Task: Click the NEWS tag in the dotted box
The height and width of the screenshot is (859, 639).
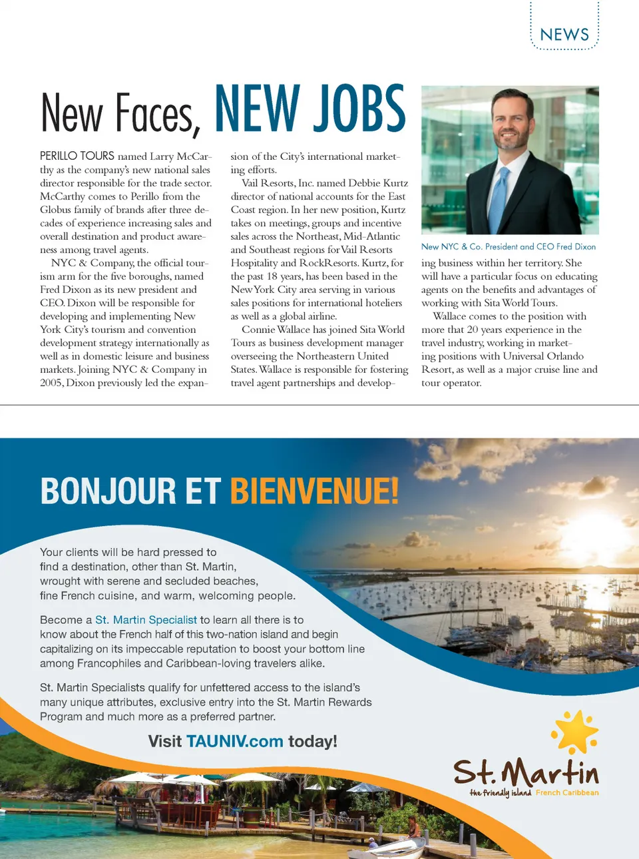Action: tap(564, 35)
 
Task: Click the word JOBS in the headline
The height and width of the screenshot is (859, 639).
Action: tap(359, 109)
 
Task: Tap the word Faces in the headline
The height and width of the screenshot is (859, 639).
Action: tap(157, 113)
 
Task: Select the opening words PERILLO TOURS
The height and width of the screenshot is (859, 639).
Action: tap(77, 156)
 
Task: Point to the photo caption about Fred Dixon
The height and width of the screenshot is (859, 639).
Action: tap(509, 246)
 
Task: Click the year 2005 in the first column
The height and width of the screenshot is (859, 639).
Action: tap(51, 383)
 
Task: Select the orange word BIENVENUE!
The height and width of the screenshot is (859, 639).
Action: tap(314, 491)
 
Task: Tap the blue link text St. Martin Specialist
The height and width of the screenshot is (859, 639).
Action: tap(146, 620)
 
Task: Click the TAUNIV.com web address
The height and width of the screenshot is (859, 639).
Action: tap(234, 741)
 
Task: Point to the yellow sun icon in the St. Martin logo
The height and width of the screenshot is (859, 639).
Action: tap(575, 732)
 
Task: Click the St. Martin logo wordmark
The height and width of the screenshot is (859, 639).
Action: tap(526, 772)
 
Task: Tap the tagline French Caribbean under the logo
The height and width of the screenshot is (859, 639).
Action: tap(567, 792)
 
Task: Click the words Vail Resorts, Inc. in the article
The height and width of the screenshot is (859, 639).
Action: tap(278, 183)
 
